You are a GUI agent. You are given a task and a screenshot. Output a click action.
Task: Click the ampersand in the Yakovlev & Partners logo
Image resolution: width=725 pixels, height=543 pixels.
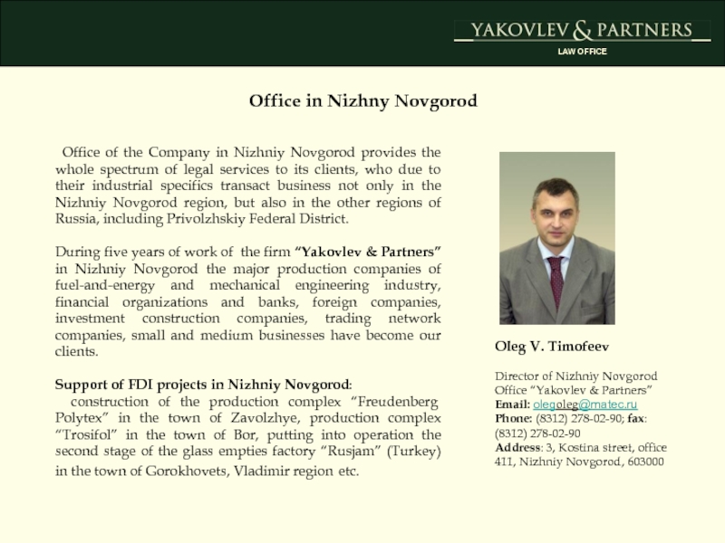[x=582, y=31]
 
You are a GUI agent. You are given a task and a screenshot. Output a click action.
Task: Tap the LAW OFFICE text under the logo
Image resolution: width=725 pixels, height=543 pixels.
[x=582, y=52]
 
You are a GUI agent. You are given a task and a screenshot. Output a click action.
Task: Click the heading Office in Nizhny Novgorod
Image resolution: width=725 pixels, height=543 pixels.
[x=362, y=100]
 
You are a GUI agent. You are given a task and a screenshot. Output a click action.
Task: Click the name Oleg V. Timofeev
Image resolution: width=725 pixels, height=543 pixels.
[x=551, y=347]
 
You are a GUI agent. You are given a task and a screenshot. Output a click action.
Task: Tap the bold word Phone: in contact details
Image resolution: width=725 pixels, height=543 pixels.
[x=513, y=419]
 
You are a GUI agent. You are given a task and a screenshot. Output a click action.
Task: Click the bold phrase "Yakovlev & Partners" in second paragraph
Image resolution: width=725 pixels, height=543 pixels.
[x=369, y=251]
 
